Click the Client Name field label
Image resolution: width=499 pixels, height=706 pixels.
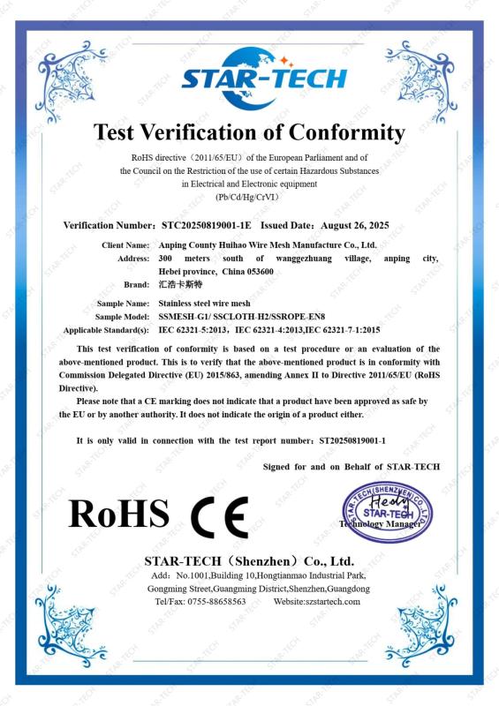tap(125, 244)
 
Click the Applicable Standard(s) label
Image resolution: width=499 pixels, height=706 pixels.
tap(107, 329)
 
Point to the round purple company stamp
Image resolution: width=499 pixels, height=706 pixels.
tap(387, 512)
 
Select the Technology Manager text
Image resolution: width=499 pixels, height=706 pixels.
tap(380, 523)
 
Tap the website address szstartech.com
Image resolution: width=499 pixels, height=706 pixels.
tap(329, 601)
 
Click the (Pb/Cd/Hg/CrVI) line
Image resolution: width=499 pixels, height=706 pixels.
tap(248, 198)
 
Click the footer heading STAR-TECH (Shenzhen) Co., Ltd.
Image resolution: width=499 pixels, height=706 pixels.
tap(248, 560)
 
